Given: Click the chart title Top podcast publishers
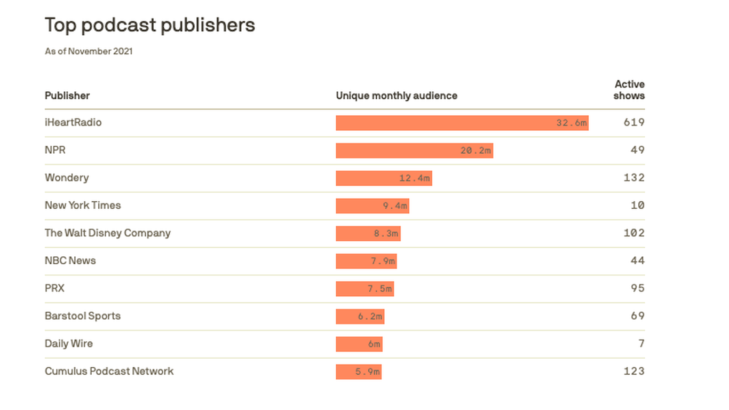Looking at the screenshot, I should point(150,25).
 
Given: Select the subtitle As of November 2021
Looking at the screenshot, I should point(89,51).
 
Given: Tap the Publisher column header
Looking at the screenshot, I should point(67,96).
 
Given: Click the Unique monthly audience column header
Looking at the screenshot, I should point(397,96).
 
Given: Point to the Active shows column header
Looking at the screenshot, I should point(629,90).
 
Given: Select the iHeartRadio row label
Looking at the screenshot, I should point(73,122).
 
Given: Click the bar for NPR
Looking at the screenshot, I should point(414,151).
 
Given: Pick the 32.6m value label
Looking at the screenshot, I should point(572,123).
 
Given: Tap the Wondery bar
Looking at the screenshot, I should point(384,178).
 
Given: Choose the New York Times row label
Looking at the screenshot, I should point(83,205).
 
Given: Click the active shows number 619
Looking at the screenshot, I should point(634,122).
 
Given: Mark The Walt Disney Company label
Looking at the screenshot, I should point(108,233).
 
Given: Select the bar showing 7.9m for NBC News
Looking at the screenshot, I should point(366,261).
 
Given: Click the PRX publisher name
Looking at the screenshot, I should point(54,288).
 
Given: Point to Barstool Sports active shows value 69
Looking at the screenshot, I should point(638,316).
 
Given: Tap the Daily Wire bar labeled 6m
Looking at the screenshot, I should point(359,344).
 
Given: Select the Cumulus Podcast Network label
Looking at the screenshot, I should point(109,371).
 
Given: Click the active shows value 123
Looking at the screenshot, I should point(634,371).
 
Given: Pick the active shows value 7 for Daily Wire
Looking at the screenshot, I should point(641,343).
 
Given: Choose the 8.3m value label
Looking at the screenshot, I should point(385,234).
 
